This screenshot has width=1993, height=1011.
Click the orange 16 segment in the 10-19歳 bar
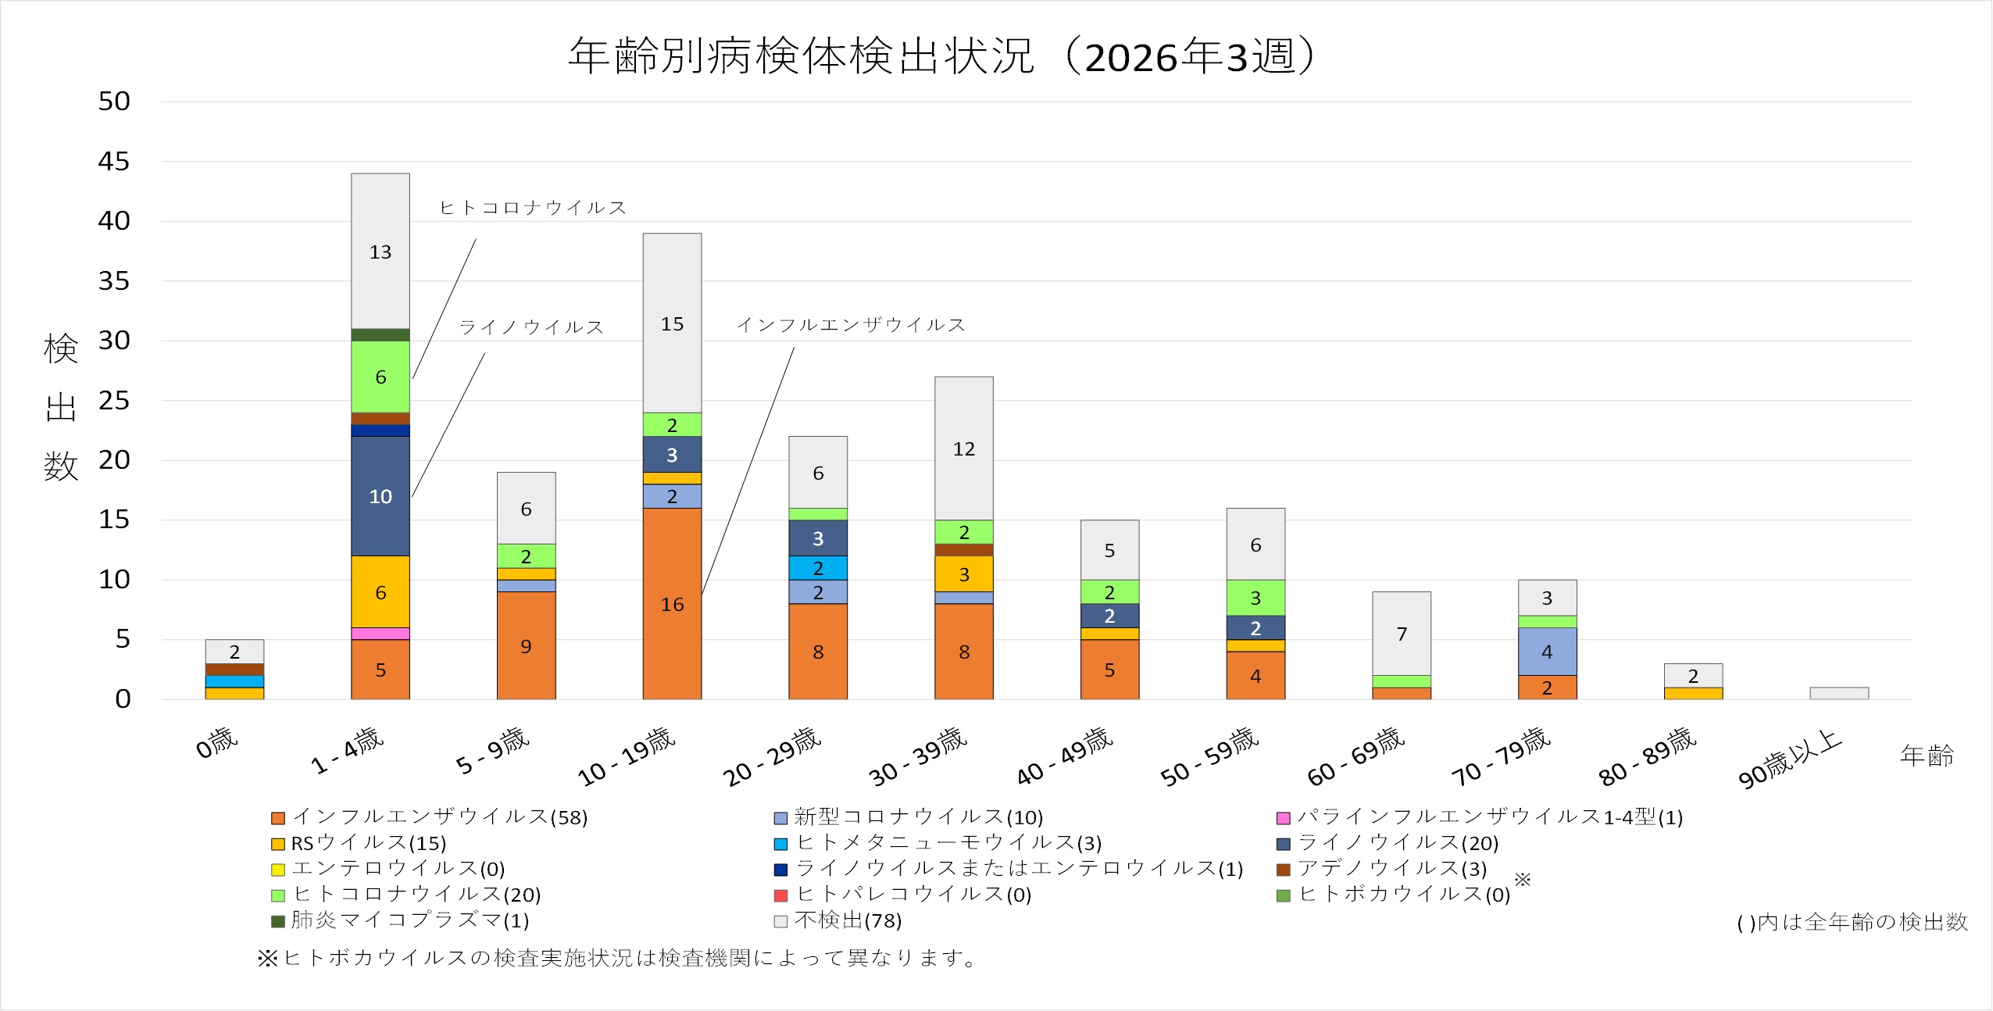tap(672, 603)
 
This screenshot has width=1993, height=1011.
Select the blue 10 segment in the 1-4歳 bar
tap(380, 496)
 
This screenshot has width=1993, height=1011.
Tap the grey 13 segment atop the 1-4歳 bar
tap(380, 252)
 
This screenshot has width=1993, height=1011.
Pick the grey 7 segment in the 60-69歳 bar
tap(1402, 634)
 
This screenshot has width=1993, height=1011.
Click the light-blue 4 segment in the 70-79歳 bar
tap(1547, 652)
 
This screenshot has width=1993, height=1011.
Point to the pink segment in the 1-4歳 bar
tap(380, 634)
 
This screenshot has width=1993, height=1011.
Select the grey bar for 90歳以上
tap(1839, 693)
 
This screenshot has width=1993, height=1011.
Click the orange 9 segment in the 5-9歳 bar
tap(526, 645)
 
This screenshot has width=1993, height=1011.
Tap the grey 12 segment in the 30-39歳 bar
tap(964, 448)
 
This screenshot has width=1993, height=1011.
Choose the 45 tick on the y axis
tap(114, 162)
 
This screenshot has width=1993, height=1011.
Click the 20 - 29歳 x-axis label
tap(772, 756)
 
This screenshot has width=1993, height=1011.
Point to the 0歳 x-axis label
tap(216, 743)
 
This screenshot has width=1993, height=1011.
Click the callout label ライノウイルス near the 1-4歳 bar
tap(531, 327)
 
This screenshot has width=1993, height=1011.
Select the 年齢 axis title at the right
tap(1926, 756)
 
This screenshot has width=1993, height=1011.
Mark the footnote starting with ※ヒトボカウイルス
tap(617, 958)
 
